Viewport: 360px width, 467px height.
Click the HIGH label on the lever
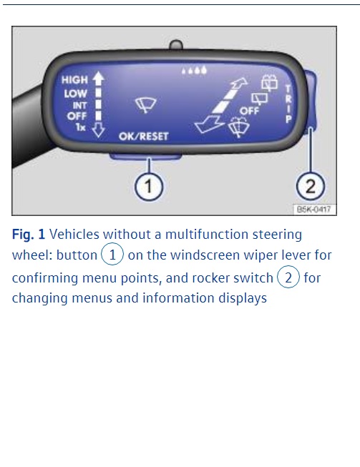point(74,80)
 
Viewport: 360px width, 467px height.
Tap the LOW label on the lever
point(75,94)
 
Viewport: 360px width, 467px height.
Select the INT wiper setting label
point(79,105)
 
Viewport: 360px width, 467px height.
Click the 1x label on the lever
point(80,127)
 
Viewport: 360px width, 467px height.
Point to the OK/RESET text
point(144,137)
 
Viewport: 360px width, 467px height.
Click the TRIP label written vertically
point(288,104)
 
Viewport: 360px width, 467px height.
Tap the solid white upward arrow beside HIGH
point(98,78)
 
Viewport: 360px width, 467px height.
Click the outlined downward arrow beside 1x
point(98,130)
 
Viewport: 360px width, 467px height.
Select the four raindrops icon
point(194,70)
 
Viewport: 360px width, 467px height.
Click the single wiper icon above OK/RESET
point(146,105)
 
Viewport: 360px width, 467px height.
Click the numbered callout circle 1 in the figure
point(149,187)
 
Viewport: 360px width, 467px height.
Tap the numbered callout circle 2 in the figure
point(310,187)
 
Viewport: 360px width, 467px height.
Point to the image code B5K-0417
point(314,210)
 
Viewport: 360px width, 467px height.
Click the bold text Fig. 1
point(29,235)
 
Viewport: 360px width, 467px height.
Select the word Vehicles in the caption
point(74,235)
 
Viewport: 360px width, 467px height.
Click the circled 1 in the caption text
point(112,255)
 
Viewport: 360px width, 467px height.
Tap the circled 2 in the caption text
point(288,277)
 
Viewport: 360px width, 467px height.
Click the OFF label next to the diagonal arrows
point(250,111)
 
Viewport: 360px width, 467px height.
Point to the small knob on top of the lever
point(176,45)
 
